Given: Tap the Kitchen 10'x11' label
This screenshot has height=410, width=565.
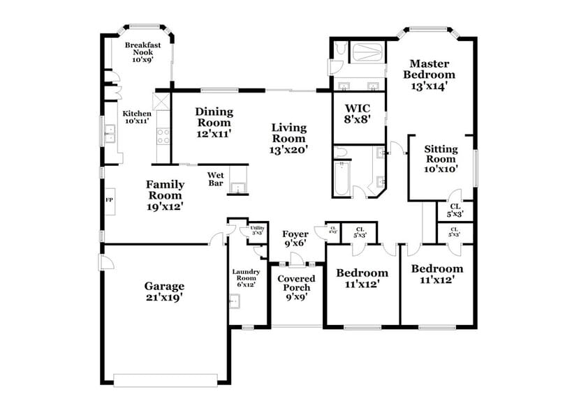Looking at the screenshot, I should pos(137,117).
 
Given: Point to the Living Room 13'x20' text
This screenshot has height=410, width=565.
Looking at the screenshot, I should pos(289,137).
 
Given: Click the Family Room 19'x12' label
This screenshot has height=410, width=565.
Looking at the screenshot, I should pos(165,195).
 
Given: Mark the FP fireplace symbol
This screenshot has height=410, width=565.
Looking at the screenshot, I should pos(109,200).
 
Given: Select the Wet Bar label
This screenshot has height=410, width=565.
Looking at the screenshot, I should pos(216,179).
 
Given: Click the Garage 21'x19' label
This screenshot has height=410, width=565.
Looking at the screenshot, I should pos(164,291).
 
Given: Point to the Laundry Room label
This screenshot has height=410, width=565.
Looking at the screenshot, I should pos(246,279).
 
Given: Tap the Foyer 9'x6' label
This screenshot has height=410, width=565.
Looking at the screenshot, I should pos(295,239).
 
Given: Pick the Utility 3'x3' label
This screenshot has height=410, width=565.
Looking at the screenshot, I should pos(256,229).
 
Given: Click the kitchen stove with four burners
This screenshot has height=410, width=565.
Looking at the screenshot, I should pos(163,135).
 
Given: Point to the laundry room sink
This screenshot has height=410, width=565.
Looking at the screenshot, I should pos(236,301).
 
